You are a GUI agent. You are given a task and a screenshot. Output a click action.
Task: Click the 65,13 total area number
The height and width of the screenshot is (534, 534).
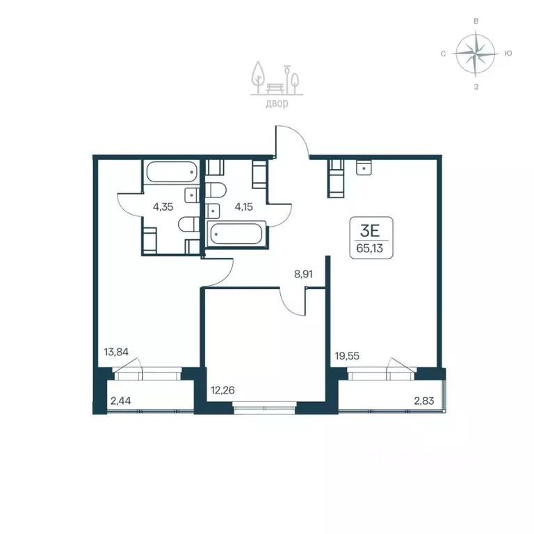(x=369, y=248)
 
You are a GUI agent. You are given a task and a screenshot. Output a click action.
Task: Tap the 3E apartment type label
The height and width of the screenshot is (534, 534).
(x=370, y=232)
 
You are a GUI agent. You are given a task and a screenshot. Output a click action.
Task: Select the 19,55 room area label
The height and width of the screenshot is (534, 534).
(x=347, y=356)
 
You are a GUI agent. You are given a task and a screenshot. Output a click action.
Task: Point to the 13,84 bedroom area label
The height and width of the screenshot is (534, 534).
(x=116, y=352)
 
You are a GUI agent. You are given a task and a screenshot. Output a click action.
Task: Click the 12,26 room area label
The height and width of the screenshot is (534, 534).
(x=222, y=390)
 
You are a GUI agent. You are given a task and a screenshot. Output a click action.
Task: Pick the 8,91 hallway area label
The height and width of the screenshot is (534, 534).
(x=303, y=274)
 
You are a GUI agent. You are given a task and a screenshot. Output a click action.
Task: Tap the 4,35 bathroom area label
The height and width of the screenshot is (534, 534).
(x=163, y=207)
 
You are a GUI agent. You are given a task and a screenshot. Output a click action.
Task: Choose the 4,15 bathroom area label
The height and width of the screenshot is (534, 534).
(x=243, y=207)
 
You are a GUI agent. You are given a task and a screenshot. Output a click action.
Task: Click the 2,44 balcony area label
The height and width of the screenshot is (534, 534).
(x=120, y=400)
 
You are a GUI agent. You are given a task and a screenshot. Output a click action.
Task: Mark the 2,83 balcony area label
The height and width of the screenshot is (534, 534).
(x=424, y=400)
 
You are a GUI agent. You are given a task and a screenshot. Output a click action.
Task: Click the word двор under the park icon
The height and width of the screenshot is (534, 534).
(x=277, y=103)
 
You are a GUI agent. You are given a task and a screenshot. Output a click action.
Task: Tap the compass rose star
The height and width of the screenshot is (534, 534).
(x=476, y=54)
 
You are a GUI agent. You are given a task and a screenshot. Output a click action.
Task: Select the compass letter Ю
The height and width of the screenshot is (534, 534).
(x=508, y=54)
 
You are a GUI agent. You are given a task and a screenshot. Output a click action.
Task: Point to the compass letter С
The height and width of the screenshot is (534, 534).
(x=443, y=54)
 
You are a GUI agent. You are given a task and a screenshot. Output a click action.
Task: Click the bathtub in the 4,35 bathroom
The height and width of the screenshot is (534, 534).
(x=172, y=172)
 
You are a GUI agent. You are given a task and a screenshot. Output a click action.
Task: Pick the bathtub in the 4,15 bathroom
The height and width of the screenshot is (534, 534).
(x=236, y=234)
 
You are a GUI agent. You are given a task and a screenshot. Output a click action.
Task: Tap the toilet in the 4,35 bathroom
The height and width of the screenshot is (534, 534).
(x=188, y=225)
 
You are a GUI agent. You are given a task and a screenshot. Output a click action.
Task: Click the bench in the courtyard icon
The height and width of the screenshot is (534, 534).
(x=275, y=88)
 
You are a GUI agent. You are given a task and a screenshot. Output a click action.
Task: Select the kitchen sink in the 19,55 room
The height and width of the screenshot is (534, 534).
(x=364, y=168)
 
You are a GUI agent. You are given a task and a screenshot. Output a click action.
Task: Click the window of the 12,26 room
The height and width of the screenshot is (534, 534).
(x=265, y=407)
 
